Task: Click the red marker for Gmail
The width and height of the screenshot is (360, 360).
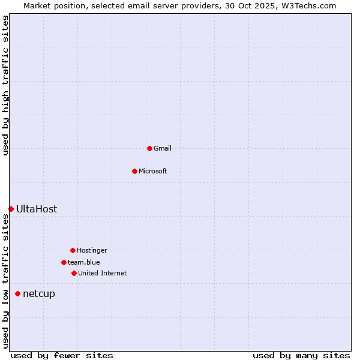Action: point(149,148)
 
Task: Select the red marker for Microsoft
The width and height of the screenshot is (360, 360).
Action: point(134,171)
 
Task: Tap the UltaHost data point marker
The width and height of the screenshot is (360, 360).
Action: point(11,209)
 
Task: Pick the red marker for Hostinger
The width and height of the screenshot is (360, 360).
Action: point(73,250)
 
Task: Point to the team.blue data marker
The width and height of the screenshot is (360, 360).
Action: point(64,262)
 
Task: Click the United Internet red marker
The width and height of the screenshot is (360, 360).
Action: point(74,273)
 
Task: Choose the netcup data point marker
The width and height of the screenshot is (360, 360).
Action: point(17,293)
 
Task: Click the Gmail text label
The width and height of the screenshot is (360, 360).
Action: point(163,148)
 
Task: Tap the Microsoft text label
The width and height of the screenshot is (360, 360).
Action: point(153,171)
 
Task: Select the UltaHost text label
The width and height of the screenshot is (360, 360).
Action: point(37,209)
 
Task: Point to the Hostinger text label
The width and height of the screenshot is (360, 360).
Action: point(92,250)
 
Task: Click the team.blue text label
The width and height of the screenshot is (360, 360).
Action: point(84,262)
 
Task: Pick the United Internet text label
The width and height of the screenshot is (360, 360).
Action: point(103,273)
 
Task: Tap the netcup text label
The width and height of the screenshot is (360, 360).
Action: point(39,293)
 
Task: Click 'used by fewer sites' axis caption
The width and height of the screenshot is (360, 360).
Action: point(62,355)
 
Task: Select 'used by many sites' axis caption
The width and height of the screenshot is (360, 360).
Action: point(301,355)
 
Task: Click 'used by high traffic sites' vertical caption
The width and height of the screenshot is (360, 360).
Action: point(6,85)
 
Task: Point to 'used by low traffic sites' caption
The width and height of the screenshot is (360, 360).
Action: point(6,281)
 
